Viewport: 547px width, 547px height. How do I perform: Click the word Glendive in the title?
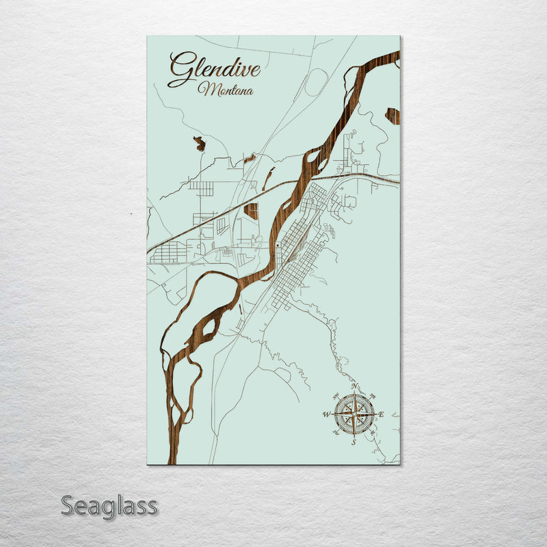pos(213,69)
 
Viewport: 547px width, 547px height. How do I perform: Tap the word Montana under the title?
pos(225,90)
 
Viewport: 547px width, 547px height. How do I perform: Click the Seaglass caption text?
pos(109,507)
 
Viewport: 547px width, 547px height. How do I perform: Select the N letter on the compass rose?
pos(354,387)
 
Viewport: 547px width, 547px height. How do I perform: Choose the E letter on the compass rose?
pos(382,414)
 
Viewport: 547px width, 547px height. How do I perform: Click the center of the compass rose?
pos(354,414)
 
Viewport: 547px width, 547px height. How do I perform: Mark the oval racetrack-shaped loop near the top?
pos(315,83)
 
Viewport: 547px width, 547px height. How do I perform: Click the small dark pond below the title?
pos(200,144)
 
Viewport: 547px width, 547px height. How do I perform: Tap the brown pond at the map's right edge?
pos(393,116)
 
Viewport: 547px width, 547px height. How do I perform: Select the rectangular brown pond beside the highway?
pos(252,211)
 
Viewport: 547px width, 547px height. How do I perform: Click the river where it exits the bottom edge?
pos(172,458)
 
